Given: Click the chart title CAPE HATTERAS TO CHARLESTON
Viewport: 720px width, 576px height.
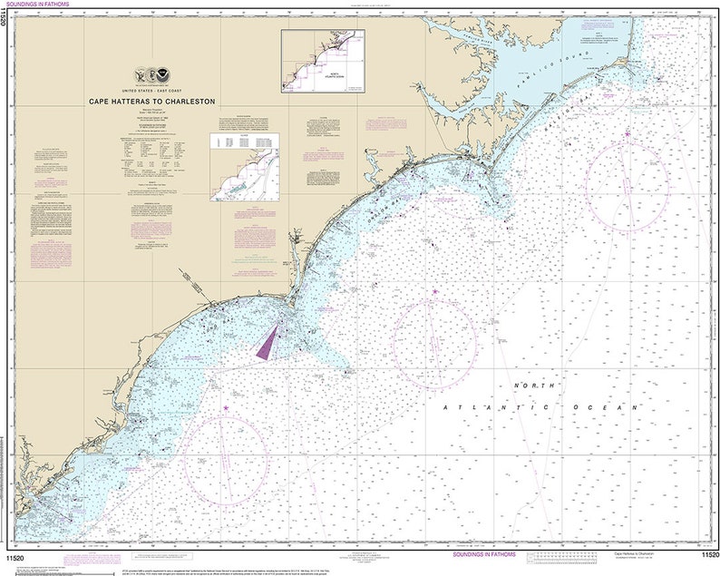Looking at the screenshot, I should [x=151, y=102].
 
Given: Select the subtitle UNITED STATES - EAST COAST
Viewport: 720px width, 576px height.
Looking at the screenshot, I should [x=151, y=93].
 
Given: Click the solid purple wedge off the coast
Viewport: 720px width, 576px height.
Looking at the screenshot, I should [x=269, y=342].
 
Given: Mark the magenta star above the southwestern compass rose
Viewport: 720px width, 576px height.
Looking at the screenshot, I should [x=225, y=395].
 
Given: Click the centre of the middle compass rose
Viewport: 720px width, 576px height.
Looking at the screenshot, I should [x=435, y=343].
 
